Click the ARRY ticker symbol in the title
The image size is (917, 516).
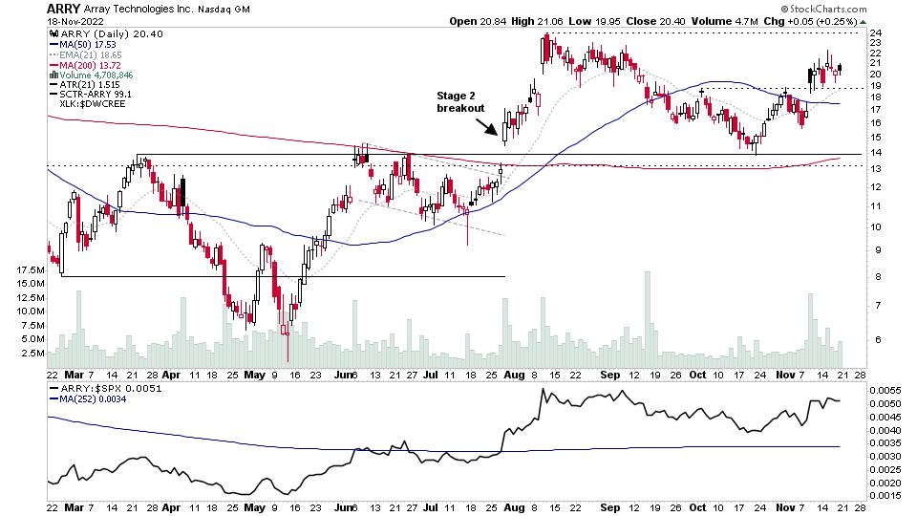point(63,9)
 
